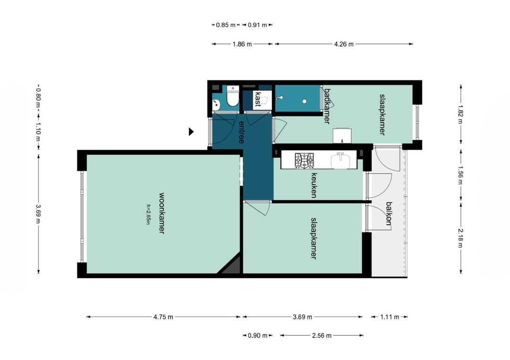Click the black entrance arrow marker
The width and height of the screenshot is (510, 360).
191,132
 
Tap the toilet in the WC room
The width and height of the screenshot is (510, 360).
232,96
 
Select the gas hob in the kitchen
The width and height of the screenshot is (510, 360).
305,160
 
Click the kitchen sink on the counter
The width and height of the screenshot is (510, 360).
340,160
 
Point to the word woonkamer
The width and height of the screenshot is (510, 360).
161,213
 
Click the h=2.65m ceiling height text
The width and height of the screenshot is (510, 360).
149,214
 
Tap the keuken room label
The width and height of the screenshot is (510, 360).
314,185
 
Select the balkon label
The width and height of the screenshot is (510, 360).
389,213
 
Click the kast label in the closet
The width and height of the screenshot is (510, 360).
258,100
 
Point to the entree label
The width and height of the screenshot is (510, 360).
241,132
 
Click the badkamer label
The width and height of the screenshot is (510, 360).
327,106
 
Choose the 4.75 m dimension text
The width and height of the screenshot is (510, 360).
163,317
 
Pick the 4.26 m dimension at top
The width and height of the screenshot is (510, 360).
344,44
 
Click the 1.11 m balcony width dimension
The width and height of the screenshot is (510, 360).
390,317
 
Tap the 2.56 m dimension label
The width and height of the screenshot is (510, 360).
322,335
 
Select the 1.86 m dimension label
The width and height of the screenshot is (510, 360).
242,44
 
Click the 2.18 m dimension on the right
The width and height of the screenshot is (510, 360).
460,238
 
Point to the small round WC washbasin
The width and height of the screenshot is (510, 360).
216,104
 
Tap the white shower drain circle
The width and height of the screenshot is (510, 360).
304,101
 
